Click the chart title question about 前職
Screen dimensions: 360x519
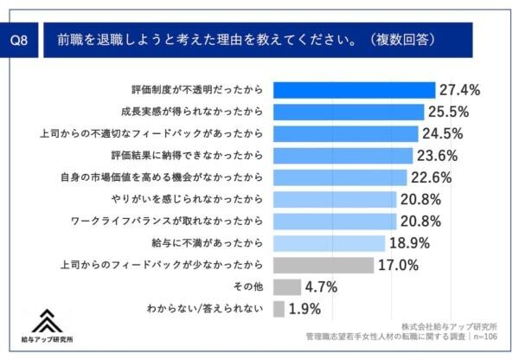(x=246, y=40)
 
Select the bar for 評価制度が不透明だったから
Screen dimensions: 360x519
(x=354, y=89)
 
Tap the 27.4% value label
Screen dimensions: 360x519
(x=460, y=89)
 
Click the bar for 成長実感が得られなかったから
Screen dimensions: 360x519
(x=349, y=112)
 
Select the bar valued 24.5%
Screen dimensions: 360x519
(x=345, y=133)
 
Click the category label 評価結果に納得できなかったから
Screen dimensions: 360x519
(x=198, y=155)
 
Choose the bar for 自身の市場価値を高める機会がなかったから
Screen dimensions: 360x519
(x=340, y=177)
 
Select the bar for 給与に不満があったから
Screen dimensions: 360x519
(x=329, y=243)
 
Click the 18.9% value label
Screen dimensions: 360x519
(x=411, y=243)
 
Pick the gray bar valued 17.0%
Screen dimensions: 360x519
(x=324, y=265)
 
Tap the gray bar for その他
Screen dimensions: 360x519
(x=286, y=286)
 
